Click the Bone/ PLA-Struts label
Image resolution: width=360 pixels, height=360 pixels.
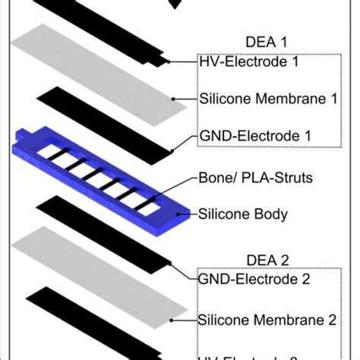[x=251, y=177]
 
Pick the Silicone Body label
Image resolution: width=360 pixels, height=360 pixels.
[x=243, y=214]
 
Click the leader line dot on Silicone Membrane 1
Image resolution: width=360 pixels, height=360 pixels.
[x=174, y=98]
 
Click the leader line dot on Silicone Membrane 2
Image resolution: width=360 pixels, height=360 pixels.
[x=174, y=317]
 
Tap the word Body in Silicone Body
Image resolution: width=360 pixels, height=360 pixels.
[x=270, y=214]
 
